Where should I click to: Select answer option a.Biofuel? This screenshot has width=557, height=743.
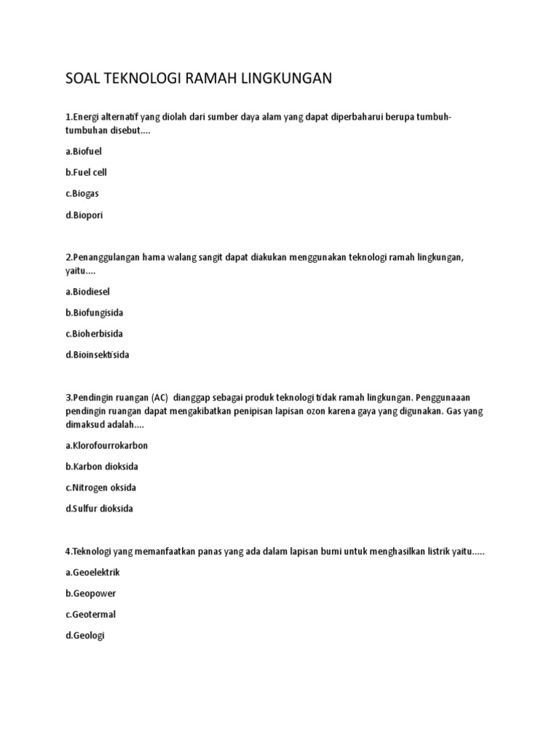tap(84, 152)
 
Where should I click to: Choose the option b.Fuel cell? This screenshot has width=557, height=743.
tap(86, 173)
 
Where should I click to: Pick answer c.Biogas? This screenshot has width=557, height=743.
tap(82, 194)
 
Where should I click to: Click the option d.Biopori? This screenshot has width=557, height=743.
tap(84, 215)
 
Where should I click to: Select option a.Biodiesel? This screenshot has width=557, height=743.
tap(88, 291)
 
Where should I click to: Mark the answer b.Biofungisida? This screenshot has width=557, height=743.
tap(94, 313)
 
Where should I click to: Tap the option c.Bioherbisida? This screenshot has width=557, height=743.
tap(94, 334)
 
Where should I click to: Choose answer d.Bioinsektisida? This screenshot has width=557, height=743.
tap(97, 355)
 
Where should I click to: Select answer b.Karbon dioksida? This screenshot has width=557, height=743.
tap(101, 467)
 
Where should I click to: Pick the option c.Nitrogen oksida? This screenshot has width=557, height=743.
tap(101, 488)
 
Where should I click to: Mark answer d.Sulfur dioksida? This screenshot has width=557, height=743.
tap(99, 509)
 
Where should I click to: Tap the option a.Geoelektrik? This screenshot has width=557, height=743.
tap(92, 572)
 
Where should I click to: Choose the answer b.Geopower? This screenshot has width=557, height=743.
tap(91, 594)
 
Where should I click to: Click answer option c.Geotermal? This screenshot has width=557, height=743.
tap(91, 615)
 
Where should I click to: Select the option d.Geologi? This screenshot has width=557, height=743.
tap(86, 636)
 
